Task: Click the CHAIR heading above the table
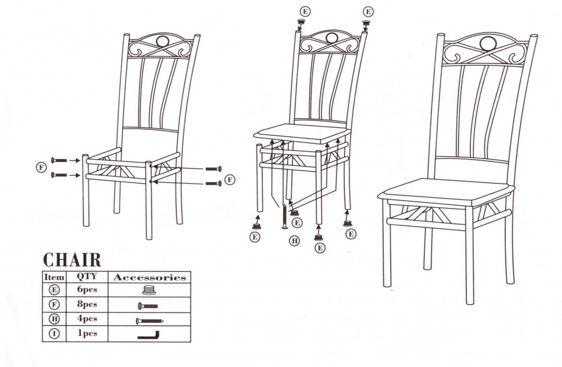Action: [x=72, y=260]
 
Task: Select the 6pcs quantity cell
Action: [x=87, y=289]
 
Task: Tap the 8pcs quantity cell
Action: [x=87, y=304]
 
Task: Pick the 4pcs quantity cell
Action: [x=87, y=319]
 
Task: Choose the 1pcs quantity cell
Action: [x=87, y=333]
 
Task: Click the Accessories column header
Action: [x=149, y=278]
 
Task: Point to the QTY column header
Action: [x=87, y=277]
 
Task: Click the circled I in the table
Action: [x=54, y=334]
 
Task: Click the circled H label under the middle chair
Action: [x=294, y=241]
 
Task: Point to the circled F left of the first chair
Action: [x=42, y=167]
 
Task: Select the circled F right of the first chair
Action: [x=230, y=179]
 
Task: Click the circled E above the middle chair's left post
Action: [x=305, y=11]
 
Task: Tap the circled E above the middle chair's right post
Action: [x=368, y=11]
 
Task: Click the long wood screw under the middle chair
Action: [x=284, y=216]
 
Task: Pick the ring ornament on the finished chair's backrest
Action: [x=488, y=44]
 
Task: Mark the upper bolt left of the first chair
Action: [x=59, y=161]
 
